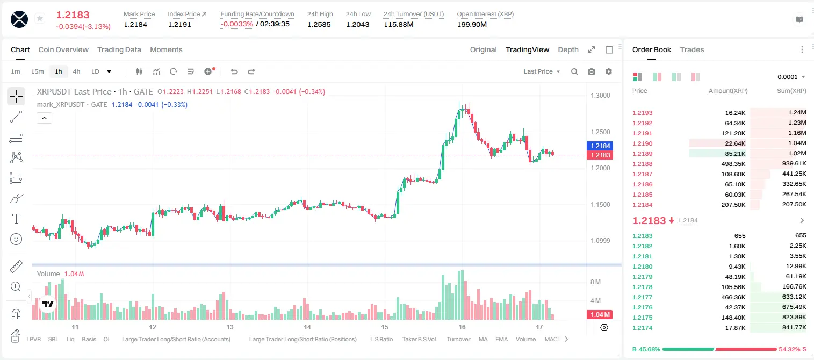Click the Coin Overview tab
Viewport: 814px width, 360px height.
[x=63, y=49]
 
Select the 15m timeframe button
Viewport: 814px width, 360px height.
[x=37, y=71]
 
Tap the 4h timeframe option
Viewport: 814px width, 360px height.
[x=76, y=71]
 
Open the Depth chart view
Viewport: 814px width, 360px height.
[x=568, y=49]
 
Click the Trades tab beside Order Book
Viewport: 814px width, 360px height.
[x=692, y=49]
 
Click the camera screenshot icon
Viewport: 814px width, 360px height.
[x=591, y=71]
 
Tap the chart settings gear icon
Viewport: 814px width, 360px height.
[x=609, y=71]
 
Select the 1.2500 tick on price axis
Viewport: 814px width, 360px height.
[x=600, y=132]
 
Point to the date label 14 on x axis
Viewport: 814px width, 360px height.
[x=307, y=327]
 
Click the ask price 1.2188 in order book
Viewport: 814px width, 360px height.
[x=642, y=164]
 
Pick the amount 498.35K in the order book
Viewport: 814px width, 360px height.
[x=733, y=164]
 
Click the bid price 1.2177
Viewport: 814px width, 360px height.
[x=642, y=297]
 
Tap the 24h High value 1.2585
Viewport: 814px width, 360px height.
[x=319, y=24]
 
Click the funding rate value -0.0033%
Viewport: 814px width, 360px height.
[x=236, y=24]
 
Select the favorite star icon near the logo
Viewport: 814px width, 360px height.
[x=40, y=18]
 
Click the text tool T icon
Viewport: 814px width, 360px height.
[x=16, y=219]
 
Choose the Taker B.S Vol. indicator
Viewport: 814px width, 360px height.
[x=419, y=339]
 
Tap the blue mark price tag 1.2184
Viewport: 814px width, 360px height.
[x=600, y=146]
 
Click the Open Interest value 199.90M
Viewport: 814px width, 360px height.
[x=472, y=24]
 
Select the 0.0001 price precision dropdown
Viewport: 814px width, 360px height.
[x=791, y=77]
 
